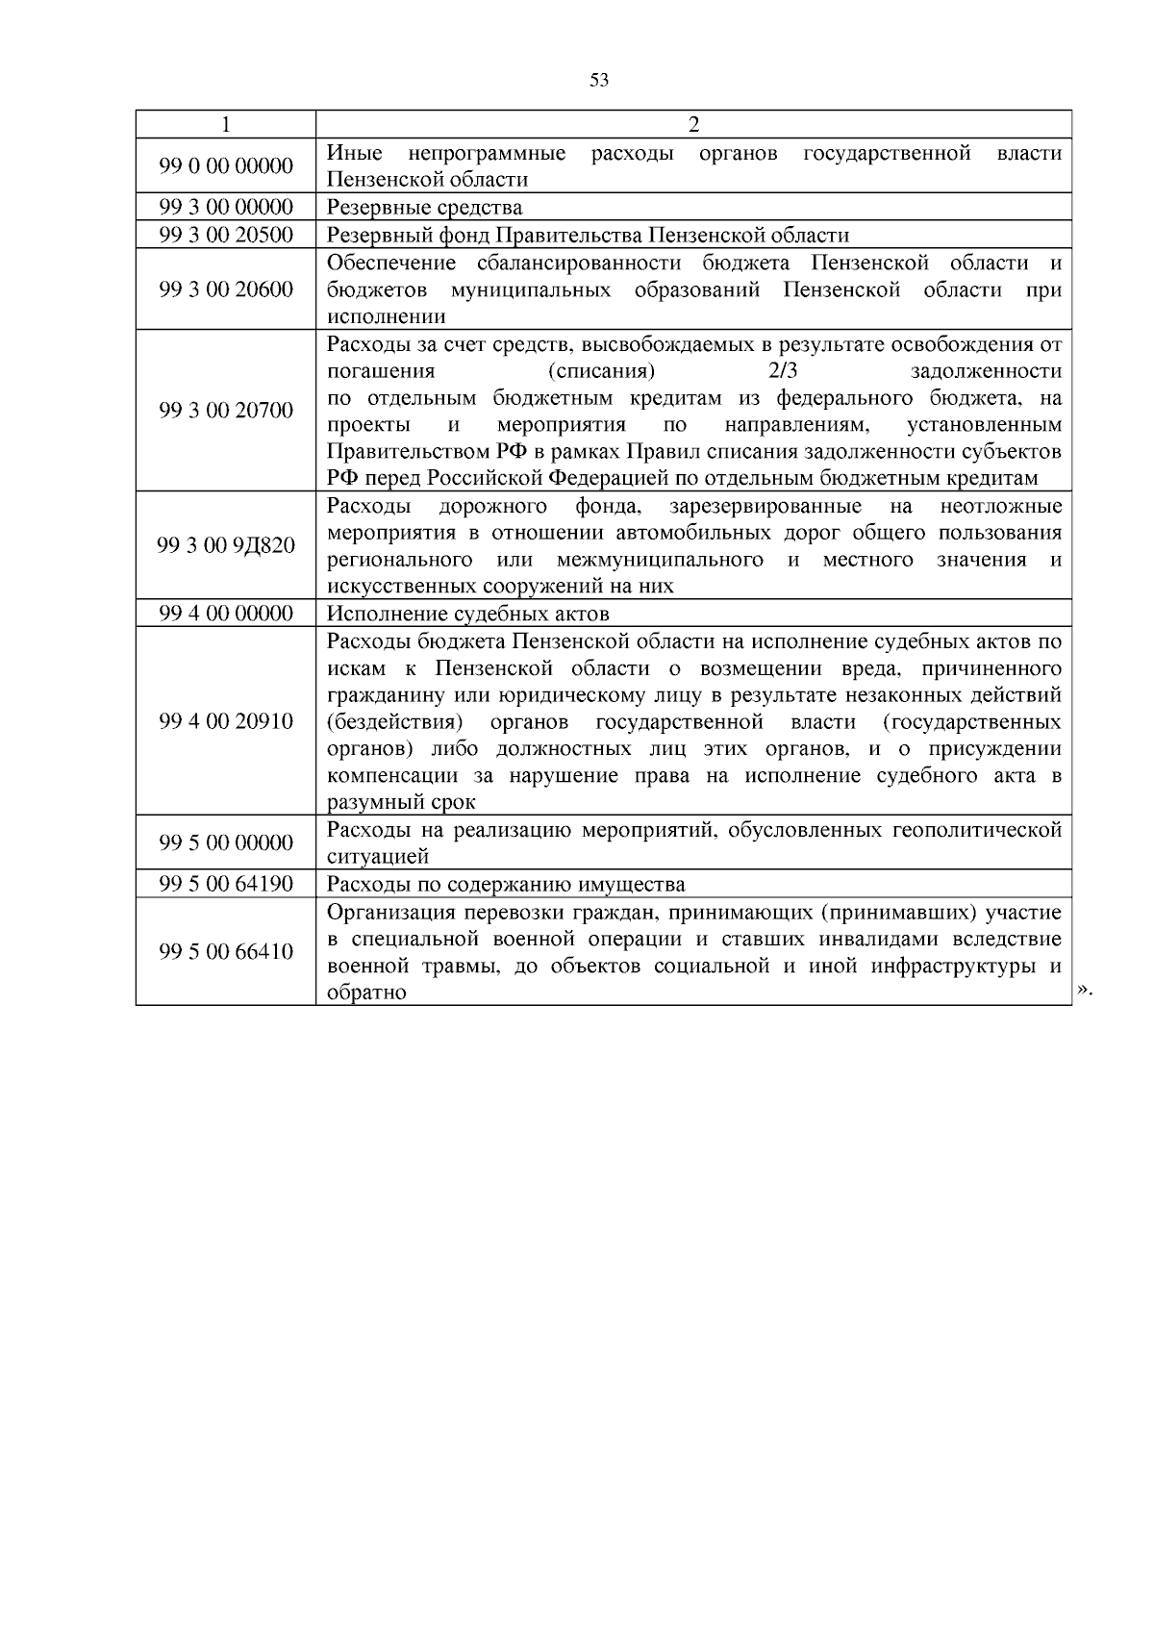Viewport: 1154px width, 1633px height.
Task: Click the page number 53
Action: (598, 81)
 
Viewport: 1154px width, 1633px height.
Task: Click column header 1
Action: (225, 124)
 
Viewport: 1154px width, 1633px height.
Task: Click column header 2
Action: (693, 124)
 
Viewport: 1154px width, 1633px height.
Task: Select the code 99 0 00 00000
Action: (226, 165)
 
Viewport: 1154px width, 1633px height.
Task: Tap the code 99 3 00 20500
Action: (226, 235)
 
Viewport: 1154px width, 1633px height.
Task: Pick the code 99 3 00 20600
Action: (226, 289)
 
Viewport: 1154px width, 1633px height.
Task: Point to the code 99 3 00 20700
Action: (226, 411)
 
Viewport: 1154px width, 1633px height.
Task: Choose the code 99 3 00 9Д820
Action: (226, 545)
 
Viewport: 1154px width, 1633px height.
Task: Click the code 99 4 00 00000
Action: (226, 614)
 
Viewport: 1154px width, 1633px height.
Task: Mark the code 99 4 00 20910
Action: (226, 721)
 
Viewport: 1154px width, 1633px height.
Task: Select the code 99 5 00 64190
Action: (226, 884)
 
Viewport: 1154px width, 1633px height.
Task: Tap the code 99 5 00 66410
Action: (226, 952)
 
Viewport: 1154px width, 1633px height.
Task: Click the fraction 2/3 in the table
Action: (784, 371)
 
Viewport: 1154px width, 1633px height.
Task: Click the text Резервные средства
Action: (424, 208)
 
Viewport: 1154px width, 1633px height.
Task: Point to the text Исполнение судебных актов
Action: (467, 614)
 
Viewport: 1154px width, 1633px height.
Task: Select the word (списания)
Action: (602, 371)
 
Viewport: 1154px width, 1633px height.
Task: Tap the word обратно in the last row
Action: (366, 993)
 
